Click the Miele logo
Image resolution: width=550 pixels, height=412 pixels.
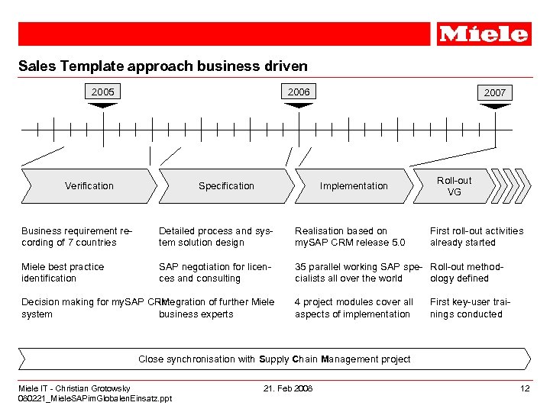tap(484, 34)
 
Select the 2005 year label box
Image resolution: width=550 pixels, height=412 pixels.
tap(103, 92)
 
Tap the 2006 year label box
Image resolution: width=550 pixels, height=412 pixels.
tap(299, 92)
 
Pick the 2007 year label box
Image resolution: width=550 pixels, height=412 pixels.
tap(494, 92)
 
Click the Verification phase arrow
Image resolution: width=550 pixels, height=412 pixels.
tap(89, 185)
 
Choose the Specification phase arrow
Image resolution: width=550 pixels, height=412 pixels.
tap(226, 185)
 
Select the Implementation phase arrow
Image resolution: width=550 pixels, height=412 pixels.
tap(354, 185)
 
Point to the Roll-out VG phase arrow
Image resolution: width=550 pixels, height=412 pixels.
tap(454, 185)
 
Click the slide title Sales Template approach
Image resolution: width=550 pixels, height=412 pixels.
tap(163, 66)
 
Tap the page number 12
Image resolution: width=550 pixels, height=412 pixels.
tap(525, 388)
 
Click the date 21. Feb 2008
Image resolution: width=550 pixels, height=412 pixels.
tap(288, 388)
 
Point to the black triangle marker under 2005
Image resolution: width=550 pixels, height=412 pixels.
tap(103, 105)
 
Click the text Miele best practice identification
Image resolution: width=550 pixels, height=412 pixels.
tap(63, 272)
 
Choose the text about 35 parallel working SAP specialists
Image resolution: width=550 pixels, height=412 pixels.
tap(357, 272)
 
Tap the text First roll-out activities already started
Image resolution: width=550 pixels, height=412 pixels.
tap(477, 237)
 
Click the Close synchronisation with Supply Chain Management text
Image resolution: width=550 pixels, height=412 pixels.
tap(274, 359)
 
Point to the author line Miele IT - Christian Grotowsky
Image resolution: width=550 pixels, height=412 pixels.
tap(74, 388)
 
